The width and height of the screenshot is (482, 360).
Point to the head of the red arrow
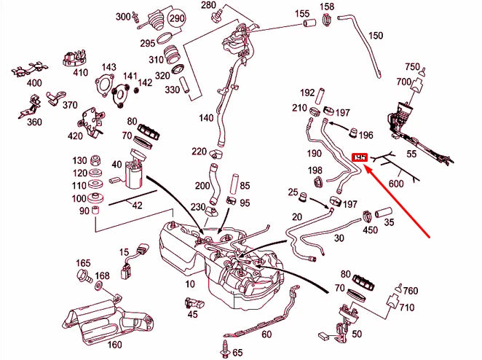366,167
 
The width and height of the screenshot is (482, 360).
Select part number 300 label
123,17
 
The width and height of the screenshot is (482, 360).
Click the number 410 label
80,72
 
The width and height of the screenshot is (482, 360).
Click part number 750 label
411,67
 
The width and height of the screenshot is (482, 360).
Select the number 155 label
302,14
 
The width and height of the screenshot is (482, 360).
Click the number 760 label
411,291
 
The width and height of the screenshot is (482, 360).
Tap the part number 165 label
83,262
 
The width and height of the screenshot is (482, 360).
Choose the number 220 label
199,151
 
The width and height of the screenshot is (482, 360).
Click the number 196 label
365,135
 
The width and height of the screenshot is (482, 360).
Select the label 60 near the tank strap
266,334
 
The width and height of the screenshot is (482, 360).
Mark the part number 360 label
35,122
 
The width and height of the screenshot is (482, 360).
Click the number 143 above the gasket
108,67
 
